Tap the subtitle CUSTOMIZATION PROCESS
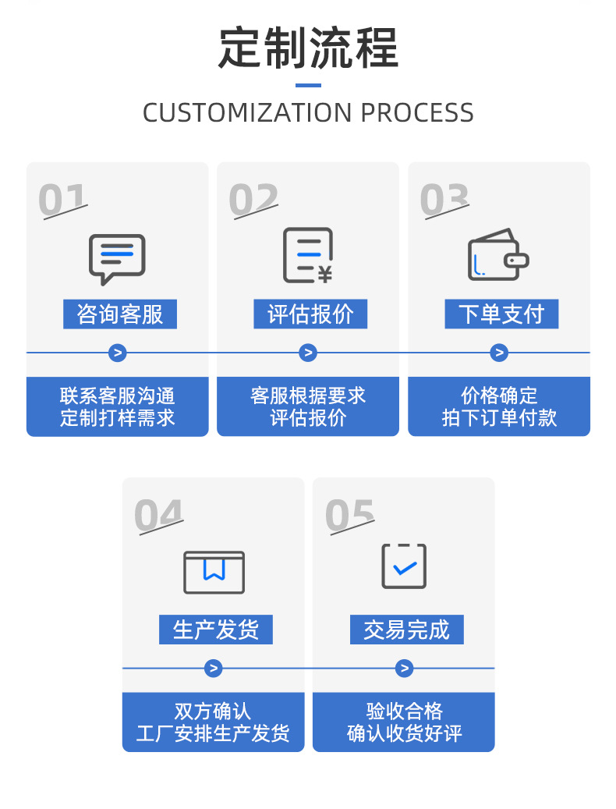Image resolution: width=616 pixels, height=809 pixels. [x=308, y=113]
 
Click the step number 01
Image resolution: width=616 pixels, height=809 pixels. [x=62, y=200]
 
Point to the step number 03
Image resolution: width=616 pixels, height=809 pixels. [x=444, y=200]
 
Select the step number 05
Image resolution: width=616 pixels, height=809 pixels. [x=349, y=516]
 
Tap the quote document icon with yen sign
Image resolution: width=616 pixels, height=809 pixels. [x=308, y=255]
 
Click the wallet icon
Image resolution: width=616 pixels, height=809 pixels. [x=498, y=255]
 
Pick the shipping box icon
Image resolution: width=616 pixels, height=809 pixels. [x=214, y=572]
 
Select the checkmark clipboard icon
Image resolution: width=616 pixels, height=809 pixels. [x=404, y=566]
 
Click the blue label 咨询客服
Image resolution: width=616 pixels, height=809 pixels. [x=120, y=314]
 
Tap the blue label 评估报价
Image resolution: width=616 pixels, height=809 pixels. [x=310, y=314]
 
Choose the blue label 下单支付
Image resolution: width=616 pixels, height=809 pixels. [x=501, y=314]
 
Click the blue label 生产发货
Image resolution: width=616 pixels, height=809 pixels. [x=216, y=630]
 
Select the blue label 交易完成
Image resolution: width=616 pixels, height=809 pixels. [x=406, y=630]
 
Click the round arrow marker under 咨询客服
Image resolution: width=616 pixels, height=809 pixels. [x=117, y=353]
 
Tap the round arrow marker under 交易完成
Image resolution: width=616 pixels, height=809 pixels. [x=404, y=669]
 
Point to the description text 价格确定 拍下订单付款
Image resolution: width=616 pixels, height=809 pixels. [x=499, y=406]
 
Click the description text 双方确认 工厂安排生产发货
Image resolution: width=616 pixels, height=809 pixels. [x=213, y=722]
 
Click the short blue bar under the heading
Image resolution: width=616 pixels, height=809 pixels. [x=308, y=85]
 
